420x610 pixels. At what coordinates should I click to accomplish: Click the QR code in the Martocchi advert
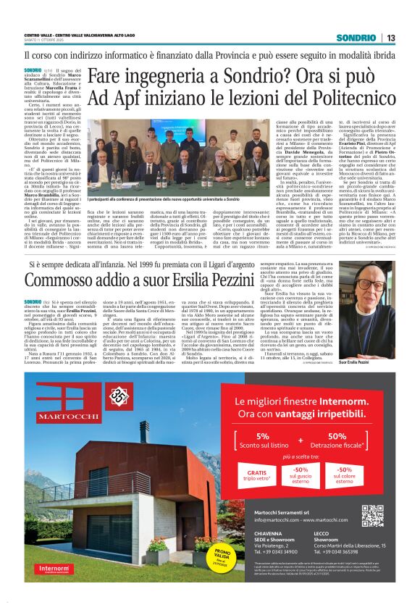372,515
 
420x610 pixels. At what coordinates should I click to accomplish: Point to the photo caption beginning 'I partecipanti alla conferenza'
174,198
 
